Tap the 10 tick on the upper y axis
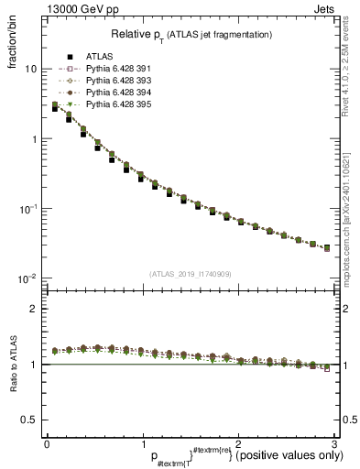31,70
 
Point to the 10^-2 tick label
27,278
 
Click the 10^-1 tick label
27,209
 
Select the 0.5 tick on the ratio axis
30,420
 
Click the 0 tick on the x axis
47,444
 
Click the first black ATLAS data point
55,108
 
